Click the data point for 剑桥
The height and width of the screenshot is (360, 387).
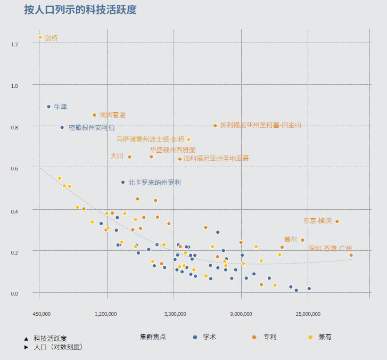tap(40, 37)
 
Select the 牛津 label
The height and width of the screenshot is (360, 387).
tap(60, 107)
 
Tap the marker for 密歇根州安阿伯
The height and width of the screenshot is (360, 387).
tap(62, 127)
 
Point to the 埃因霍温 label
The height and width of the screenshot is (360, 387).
tap(112, 114)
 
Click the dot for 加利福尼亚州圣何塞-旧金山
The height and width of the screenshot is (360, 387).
tap(215, 126)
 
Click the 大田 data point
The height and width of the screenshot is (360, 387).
tap(129, 157)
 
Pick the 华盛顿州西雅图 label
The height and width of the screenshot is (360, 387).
tap(172, 150)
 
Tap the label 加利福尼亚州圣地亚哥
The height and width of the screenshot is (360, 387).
tap(216, 158)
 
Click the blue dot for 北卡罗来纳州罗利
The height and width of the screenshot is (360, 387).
tap(123, 182)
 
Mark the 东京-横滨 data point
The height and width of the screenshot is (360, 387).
tap(337, 222)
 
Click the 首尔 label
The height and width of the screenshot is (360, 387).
tap(291, 239)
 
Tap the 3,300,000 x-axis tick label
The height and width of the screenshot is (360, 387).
tap(175, 314)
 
